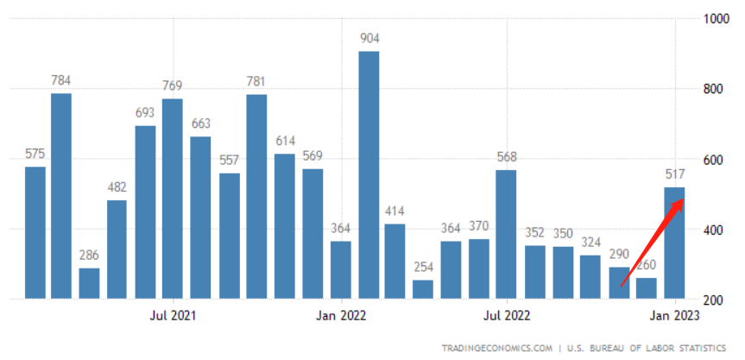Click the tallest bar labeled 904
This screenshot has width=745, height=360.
pos(369,175)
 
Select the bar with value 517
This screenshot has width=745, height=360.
pos(674,243)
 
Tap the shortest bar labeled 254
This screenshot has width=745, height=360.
pos(423,289)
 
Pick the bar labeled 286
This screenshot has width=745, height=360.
pos(89,283)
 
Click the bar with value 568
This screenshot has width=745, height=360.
pos(507,234)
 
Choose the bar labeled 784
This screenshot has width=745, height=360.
pos(60,196)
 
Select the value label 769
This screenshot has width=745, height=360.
pos(174,85)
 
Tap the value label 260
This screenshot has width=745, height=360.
pos(646,265)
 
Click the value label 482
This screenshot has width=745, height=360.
pos(117,187)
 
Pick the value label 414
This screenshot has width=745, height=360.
pos(395,211)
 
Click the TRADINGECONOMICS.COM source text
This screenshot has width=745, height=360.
pos(497,347)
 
